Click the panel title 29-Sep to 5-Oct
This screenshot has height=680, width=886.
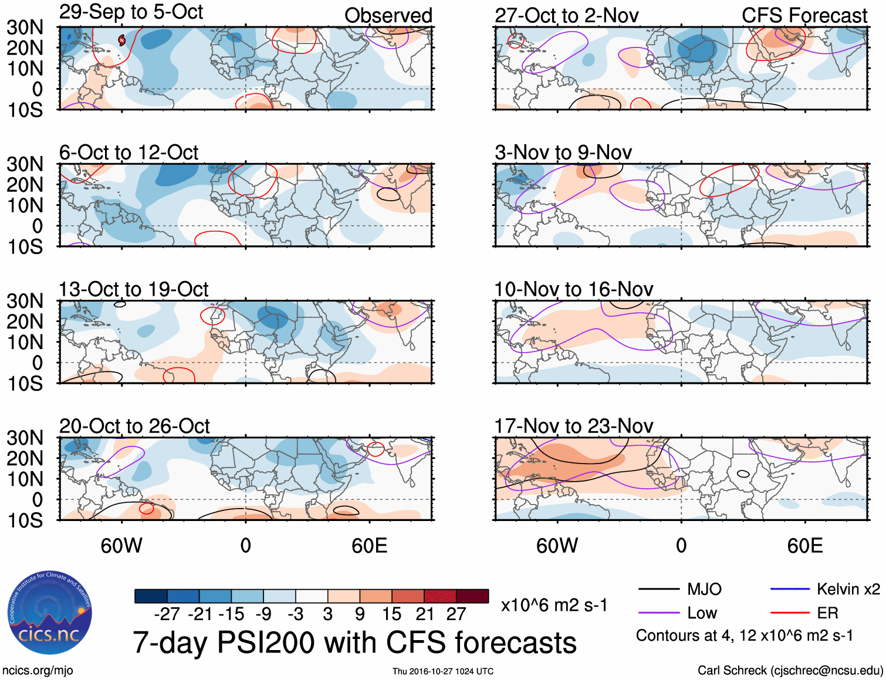pos(131,12)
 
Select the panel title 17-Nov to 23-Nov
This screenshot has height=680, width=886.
pos(573,426)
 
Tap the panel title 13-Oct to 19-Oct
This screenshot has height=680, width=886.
pos(134,289)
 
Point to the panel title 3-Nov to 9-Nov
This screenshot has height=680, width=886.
pos(563,153)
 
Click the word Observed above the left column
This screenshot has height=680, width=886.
pos(388,16)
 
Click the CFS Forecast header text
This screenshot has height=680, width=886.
pos(804,16)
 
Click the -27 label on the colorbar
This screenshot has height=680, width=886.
pos(167,614)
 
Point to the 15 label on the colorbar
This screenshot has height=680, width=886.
pos(391,614)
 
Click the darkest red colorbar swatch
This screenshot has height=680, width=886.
pos(472,596)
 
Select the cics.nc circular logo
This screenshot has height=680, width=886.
pos(49,613)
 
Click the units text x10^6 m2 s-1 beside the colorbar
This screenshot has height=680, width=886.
pos(554,605)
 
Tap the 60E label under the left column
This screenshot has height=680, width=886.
pos(369,546)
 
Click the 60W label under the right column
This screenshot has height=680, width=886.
pos(557,546)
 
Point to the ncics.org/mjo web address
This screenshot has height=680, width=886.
pos(38,670)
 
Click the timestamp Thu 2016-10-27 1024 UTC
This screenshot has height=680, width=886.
pos(443,671)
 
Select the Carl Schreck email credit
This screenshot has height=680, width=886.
pos(790,670)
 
